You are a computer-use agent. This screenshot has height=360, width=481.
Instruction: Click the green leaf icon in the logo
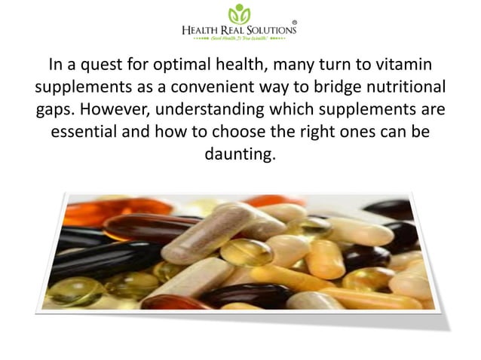point(240,13)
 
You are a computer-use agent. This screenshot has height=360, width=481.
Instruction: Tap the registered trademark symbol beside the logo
point(294,22)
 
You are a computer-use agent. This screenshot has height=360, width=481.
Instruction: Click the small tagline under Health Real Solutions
point(240,41)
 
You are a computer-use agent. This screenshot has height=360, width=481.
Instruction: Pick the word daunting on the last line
point(240,156)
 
